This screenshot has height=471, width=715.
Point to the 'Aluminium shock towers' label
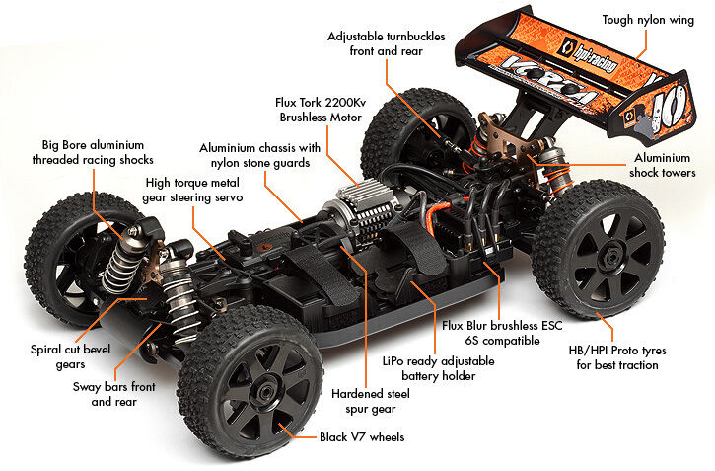[663, 164]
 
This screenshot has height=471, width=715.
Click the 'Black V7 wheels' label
[361, 436]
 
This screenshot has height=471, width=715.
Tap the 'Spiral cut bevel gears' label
[70, 355]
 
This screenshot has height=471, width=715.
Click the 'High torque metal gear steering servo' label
[194, 190]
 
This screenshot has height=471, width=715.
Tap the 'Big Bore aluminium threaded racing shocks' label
[93, 152]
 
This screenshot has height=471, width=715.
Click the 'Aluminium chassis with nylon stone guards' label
[259, 155]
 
